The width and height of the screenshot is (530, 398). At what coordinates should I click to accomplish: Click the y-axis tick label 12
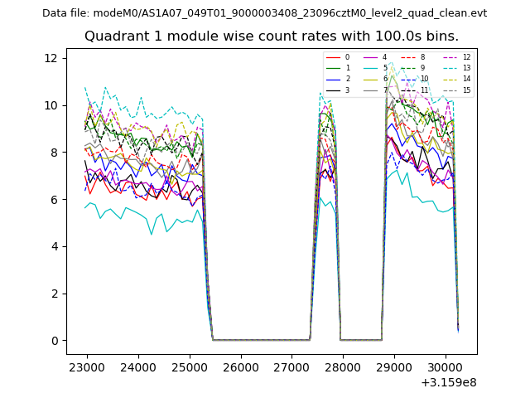[x=51, y=58]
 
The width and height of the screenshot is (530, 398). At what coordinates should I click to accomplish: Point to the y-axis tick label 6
[x=54, y=200]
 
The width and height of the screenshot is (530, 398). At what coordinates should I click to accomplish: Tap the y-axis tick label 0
[x=54, y=341]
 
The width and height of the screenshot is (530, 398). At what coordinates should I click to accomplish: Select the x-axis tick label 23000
[x=86, y=367]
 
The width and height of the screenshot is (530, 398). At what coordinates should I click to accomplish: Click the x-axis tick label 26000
[x=240, y=367]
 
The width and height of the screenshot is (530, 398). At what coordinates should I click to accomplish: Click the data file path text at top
[x=264, y=12]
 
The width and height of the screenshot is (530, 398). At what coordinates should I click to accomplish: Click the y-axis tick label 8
[x=54, y=153]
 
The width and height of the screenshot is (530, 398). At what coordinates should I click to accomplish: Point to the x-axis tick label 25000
[x=189, y=367]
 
